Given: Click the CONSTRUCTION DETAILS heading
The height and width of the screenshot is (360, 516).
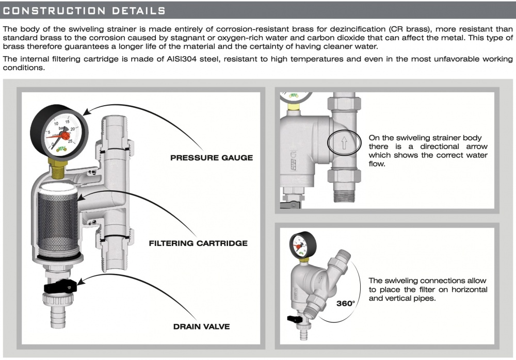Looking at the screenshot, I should [x=84, y=10].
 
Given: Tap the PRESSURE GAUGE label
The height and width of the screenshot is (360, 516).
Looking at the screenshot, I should [x=212, y=157].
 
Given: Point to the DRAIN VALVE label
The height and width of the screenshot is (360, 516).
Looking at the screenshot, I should [x=201, y=326].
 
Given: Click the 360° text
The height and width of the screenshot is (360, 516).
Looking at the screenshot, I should [x=346, y=303].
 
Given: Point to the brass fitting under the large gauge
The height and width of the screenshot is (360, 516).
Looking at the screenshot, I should [x=59, y=167].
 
